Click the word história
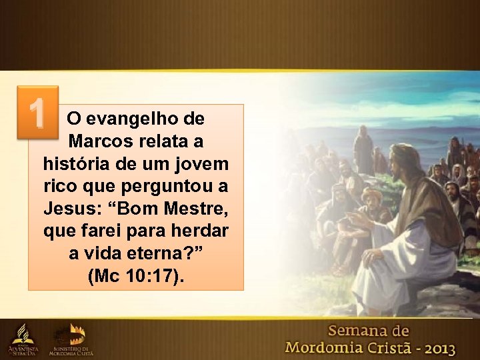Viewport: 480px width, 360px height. pos(72,164)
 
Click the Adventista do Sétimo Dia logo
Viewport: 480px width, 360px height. pos(23,339)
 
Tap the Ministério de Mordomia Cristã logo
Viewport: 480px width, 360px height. pos(71,339)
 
